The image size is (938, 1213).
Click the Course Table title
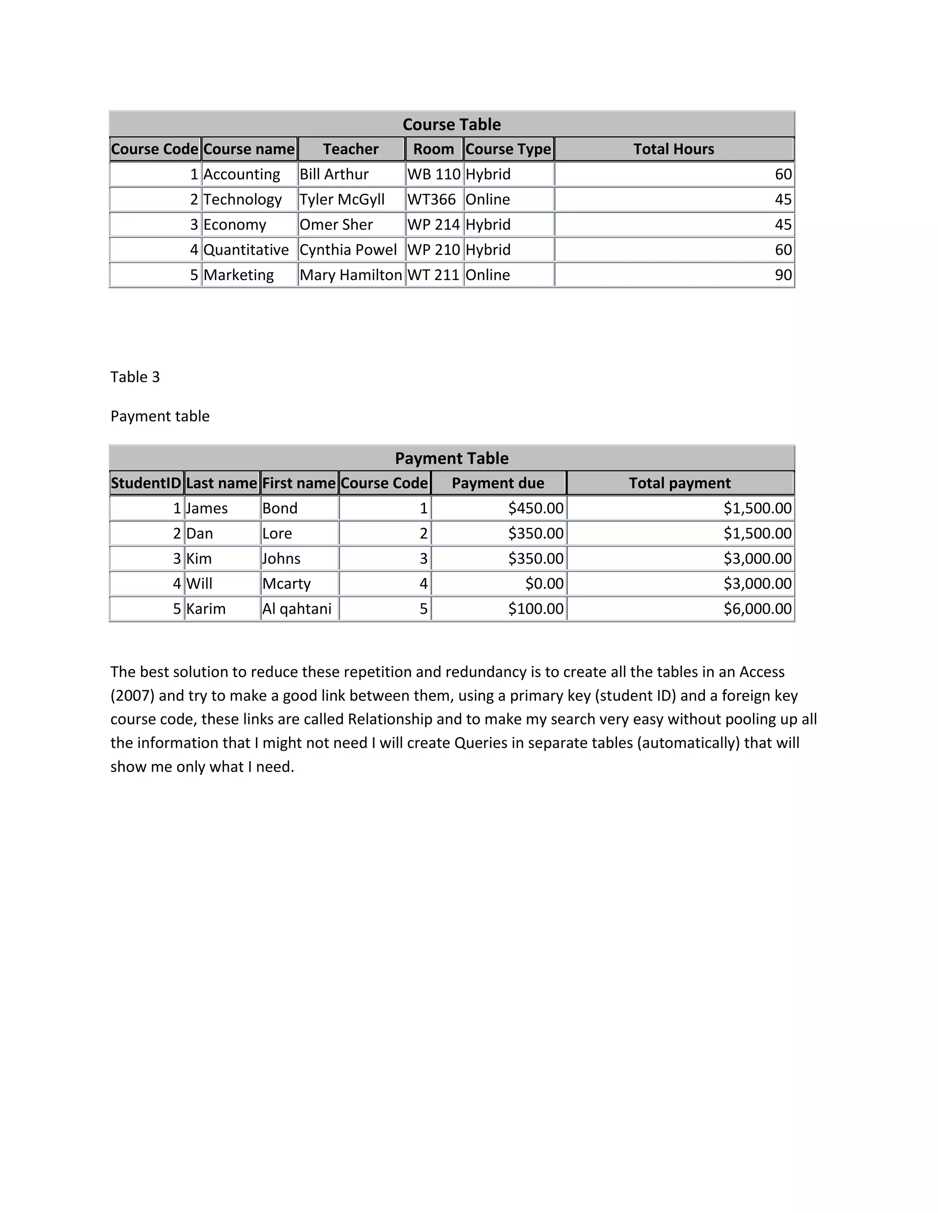click(451, 125)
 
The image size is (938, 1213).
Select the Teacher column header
click(351, 149)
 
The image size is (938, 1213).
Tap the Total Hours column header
click(673, 149)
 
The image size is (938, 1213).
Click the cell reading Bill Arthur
click(334, 174)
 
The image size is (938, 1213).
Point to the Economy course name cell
click(234, 224)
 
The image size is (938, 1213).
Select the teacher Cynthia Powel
click(348, 250)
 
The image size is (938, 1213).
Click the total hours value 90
click(783, 275)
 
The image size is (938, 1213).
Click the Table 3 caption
click(135, 377)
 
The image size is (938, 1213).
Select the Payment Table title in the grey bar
click(451, 458)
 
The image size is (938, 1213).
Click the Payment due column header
click(498, 483)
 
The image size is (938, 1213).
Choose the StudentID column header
click(146, 483)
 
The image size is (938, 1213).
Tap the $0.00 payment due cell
click(544, 584)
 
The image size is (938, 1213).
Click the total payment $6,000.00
click(757, 609)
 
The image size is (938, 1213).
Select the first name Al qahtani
click(297, 609)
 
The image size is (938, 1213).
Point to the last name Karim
click(206, 609)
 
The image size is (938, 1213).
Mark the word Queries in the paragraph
click(480, 743)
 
